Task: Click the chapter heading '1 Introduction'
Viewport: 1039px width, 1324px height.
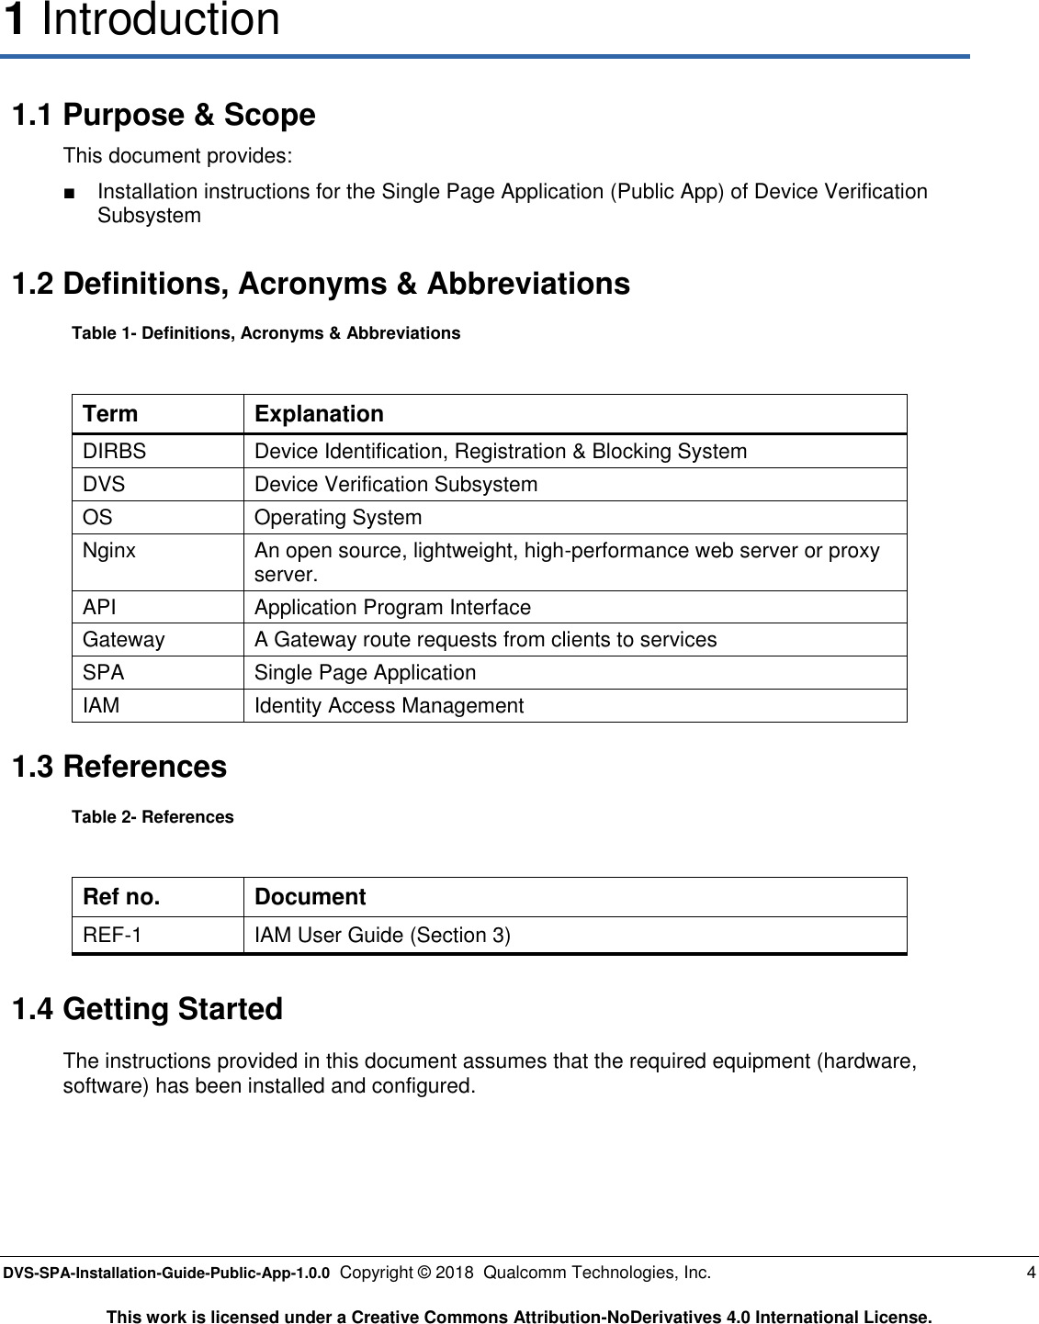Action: [141, 20]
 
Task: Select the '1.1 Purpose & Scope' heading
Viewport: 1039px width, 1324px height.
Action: [164, 115]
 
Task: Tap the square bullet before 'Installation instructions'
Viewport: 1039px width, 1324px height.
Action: [69, 193]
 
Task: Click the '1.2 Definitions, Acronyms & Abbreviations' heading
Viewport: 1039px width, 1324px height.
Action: [321, 284]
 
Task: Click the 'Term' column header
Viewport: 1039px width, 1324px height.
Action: [110, 414]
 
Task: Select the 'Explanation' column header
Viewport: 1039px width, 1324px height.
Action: [319, 414]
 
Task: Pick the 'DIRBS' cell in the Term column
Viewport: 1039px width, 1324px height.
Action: [114, 452]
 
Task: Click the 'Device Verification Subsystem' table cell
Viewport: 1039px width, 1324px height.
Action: [396, 485]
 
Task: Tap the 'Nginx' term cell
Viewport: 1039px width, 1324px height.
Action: [109, 551]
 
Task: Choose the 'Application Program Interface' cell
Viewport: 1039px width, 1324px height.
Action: [392, 608]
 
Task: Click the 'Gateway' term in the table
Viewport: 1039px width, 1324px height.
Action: [124, 640]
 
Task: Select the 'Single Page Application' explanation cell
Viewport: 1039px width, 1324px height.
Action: [365, 673]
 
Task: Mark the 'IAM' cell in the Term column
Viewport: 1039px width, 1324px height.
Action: [101, 706]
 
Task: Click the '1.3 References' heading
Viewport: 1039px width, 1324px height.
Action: [119, 767]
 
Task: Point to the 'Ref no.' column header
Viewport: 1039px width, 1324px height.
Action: [121, 897]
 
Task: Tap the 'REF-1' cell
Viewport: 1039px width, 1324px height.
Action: [112, 936]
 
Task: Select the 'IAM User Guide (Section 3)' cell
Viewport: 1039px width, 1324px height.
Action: [382, 936]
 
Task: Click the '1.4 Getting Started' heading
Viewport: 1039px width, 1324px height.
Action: [147, 1009]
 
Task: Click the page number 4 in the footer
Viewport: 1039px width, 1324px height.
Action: [1031, 1273]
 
